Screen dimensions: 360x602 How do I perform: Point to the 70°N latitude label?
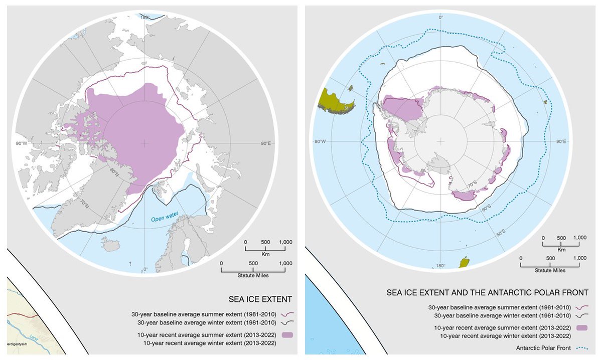pos(83,204)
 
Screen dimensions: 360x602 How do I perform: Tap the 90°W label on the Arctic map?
pos(22,143)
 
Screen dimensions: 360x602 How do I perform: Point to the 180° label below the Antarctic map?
pos(440,266)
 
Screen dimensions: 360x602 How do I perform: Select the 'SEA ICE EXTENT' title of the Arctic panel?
pos(261,299)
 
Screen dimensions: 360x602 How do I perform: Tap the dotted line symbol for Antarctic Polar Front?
pos(581,347)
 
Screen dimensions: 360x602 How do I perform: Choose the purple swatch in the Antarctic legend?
pos(581,327)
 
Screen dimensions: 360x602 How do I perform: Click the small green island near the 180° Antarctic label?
pos(465,262)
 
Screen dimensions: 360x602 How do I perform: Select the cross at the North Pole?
pos(145,143)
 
